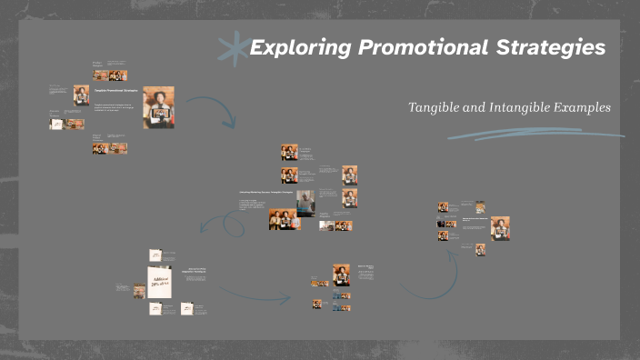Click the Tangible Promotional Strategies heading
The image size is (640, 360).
pos(115,91)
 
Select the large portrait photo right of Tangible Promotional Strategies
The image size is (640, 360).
pos(158,107)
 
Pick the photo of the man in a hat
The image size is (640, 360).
pos(305,202)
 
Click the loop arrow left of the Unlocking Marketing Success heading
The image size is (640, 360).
pos(215,223)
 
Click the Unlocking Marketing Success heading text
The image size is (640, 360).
pos(266,193)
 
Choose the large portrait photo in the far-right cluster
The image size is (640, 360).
pos(500,227)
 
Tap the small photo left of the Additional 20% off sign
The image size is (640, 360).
pos(139,292)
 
